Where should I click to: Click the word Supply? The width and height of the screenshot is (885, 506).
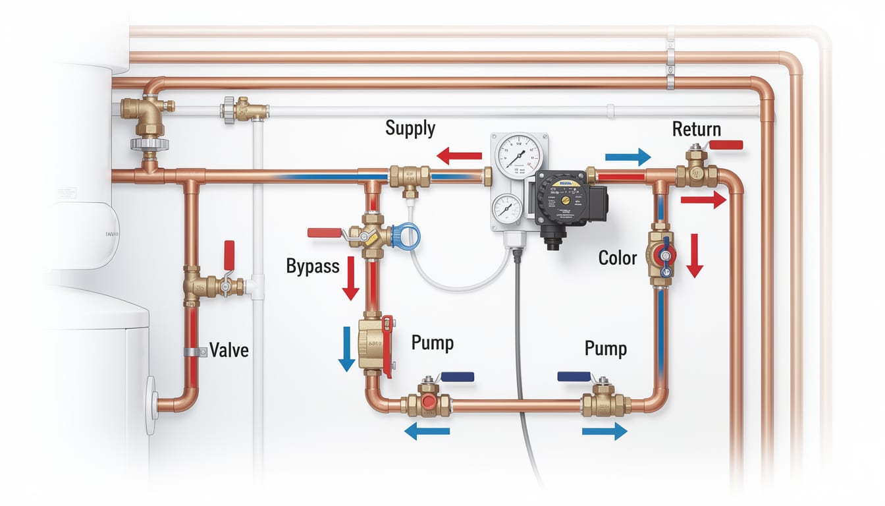(410, 128)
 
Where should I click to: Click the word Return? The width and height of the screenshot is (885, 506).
(696, 129)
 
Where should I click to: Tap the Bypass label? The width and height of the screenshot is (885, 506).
(313, 266)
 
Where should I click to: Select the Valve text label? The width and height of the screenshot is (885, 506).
(228, 349)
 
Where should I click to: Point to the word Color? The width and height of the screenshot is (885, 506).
(617, 258)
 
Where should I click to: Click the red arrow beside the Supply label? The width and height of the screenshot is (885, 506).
(460, 156)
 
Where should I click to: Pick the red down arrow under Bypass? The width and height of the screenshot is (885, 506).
(350, 278)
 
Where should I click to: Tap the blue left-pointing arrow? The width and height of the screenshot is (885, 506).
(427, 432)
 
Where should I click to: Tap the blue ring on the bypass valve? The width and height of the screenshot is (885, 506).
(406, 237)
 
